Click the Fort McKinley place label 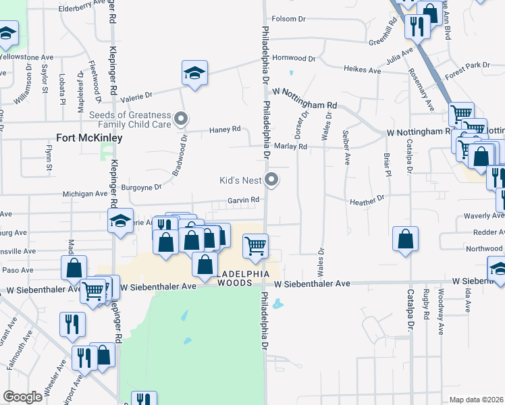click(90, 138)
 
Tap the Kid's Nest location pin click(272, 180)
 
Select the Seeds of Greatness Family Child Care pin click(180, 119)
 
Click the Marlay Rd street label click(291, 146)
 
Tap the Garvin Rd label click(243, 200)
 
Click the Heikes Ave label click(362, 70)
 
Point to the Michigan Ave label click(85, 194)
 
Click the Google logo click(23, 397)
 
